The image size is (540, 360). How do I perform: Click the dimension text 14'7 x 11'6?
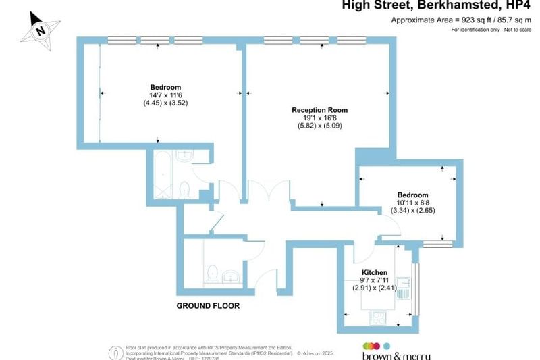tap(165, 96)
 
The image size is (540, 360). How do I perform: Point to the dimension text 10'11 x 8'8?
tap(413, 202)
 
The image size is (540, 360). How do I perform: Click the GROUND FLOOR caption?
tap(208, 305)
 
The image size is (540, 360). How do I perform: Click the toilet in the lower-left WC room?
tap(211, 274)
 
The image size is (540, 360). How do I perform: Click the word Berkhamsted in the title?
tap(463, 6)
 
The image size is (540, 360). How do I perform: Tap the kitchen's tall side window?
tap(414, 287)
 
